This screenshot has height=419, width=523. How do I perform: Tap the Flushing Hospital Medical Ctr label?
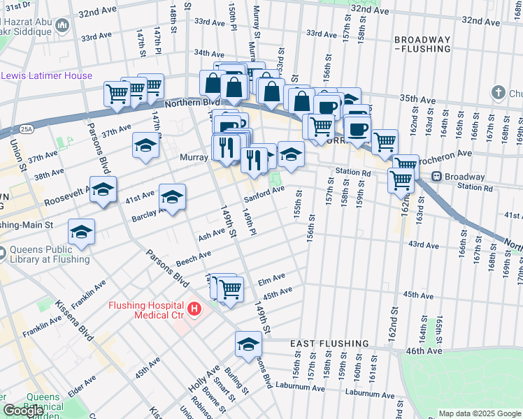click(145, 311)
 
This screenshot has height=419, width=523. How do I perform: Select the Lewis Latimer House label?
click(46, 75)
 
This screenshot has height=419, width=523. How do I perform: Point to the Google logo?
click(22, 410)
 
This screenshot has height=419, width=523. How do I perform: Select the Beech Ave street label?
click(194, 260)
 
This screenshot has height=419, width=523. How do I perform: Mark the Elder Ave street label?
click(82, 384)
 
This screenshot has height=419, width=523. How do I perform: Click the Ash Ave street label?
click(212, 235)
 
